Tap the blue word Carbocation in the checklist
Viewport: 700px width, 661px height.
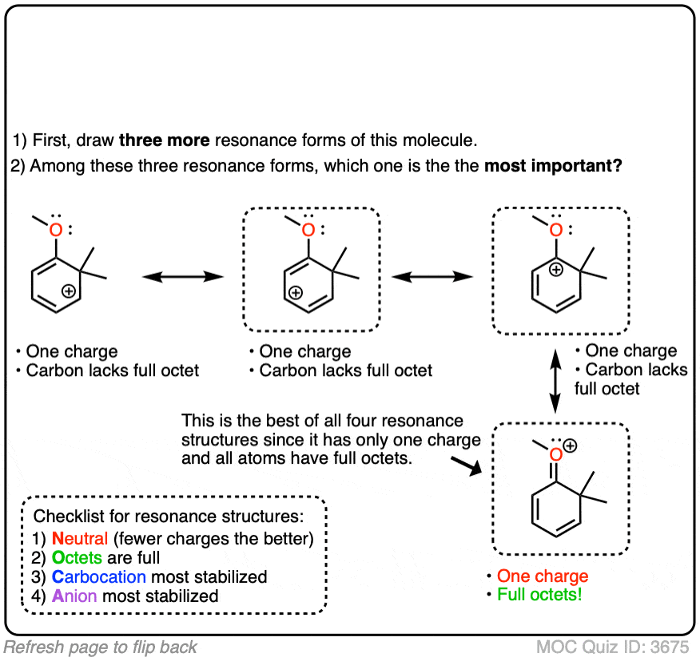99,576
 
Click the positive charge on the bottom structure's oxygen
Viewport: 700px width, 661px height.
571,447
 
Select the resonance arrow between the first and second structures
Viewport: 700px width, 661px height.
182,277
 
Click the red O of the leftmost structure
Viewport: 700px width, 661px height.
55,230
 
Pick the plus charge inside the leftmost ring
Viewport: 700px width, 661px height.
69,292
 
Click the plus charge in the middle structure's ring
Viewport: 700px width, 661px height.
295,293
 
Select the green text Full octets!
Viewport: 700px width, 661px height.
539,595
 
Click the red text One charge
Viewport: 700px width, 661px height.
543,576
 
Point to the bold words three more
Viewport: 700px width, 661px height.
164,141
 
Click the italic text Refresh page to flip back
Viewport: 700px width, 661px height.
101,647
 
